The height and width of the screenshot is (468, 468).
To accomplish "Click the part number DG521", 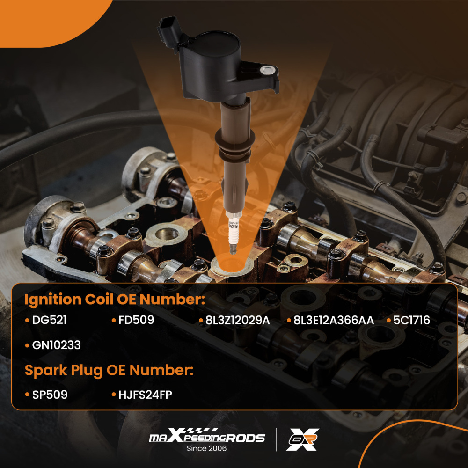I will tap(50, 321).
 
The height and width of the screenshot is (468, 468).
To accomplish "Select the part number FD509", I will tap(136, 321).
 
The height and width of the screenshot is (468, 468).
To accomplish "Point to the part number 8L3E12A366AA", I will tap(334, 321).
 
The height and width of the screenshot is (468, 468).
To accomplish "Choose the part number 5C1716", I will tap(411, 321).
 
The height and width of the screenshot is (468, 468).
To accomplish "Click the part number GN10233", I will tap(57, 345).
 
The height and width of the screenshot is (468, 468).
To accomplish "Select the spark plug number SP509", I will tap(50, 395).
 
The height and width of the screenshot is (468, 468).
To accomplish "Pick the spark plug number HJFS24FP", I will tap(145, 395).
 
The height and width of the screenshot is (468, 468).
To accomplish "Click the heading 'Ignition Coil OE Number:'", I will tap(115, 300).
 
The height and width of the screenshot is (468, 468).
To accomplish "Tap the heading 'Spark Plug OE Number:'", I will tap(109, 371).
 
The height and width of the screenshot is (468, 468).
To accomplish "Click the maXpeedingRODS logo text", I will tap(206, 438).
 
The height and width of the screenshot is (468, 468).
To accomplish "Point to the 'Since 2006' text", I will tap(206, 449).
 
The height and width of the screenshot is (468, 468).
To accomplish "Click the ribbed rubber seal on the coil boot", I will tap(234, 141).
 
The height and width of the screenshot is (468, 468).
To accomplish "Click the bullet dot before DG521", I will tap(28, 321).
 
